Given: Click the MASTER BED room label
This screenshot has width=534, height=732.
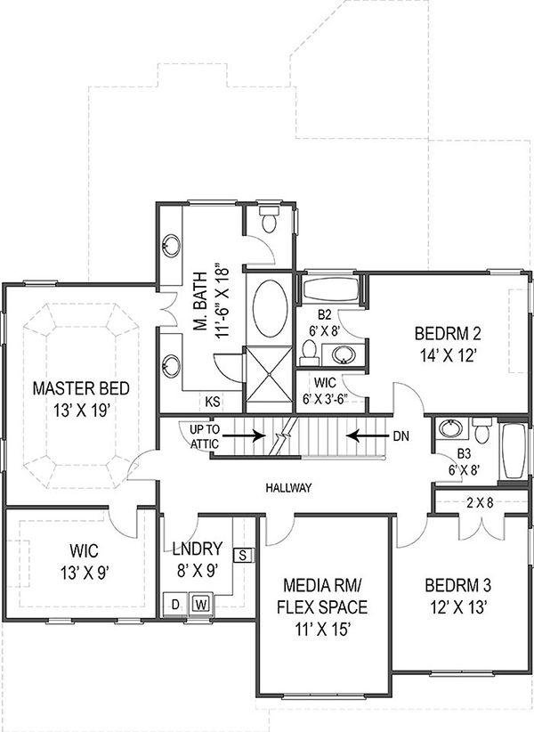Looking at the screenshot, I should click(81, 388).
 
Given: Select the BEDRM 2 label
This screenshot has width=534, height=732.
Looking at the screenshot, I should click(448, 335).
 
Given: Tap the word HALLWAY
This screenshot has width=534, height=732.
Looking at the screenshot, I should click(287, 488).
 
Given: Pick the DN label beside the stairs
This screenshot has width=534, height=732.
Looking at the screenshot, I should click(401, 436).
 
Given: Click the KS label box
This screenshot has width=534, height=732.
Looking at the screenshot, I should click(213, 402).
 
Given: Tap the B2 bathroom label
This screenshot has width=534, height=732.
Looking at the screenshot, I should click(325, 314).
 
